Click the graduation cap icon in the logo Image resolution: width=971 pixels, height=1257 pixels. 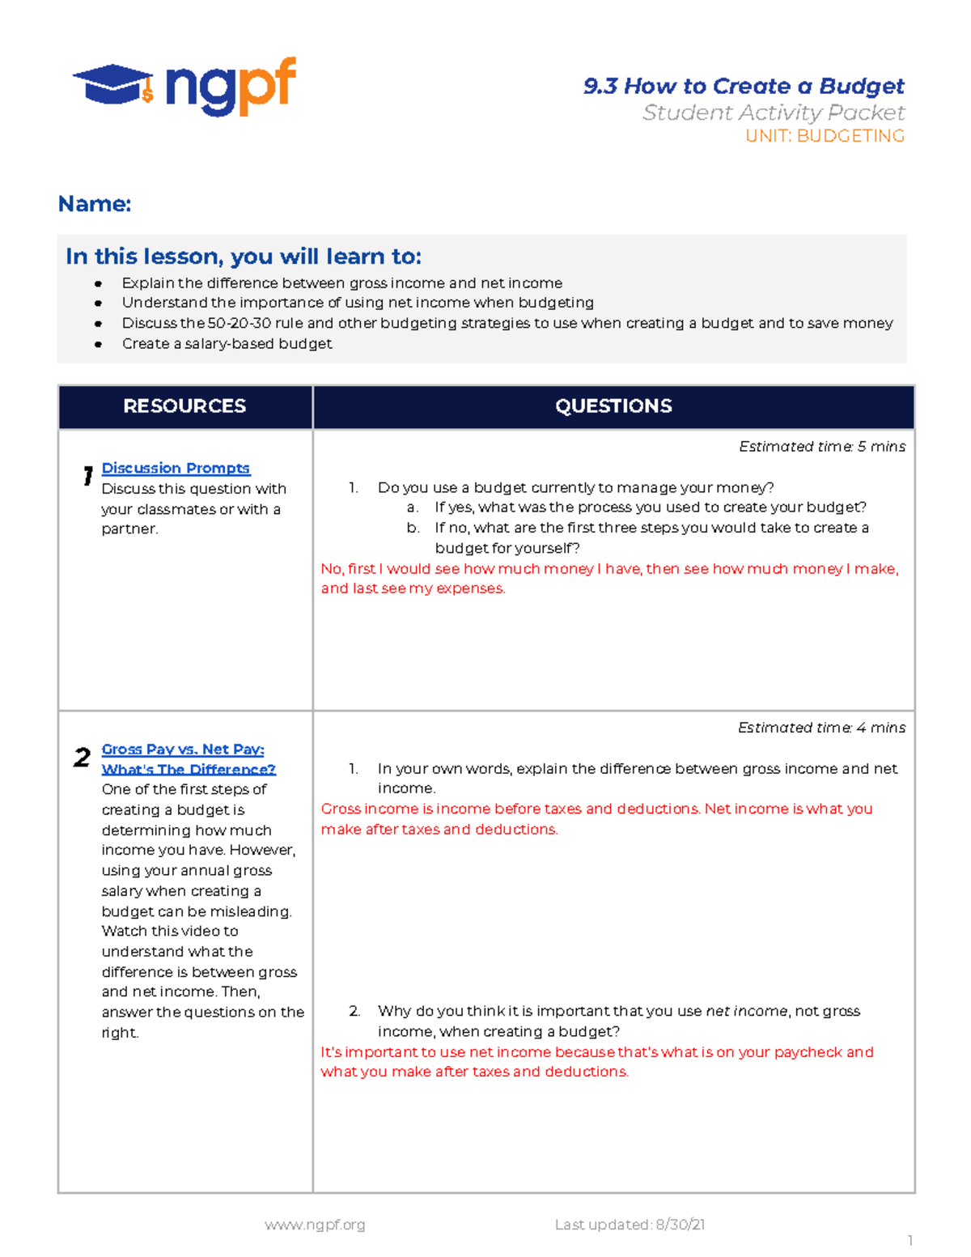(112, 84)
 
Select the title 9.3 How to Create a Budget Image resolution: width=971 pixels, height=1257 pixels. (744, 86)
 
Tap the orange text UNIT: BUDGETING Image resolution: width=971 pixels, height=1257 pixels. (825, 136)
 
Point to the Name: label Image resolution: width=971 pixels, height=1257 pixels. (94, 204)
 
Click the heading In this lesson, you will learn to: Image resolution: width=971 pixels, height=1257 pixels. (243, 257)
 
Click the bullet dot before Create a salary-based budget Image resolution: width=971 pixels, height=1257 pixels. (98, 344)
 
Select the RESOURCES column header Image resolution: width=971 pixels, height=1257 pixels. (184, 406)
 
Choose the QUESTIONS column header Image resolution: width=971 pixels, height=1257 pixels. (613, 406)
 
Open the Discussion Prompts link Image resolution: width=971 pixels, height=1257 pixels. (176, 468)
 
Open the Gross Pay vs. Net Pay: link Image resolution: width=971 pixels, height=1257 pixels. (183, 750)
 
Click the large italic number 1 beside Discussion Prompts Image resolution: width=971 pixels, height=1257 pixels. (87, 476)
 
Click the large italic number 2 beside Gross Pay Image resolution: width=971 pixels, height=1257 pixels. (82, 758)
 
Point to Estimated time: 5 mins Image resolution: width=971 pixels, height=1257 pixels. (822, 447)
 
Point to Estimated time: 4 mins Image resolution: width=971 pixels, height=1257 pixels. (821, 728)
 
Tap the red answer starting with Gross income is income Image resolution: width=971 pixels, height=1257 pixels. (596, 818)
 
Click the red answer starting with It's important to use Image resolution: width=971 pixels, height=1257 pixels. (596, 1062)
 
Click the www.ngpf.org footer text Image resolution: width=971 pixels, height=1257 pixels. (315, 1225)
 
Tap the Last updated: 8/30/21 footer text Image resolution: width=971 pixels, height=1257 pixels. (630, 1225)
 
